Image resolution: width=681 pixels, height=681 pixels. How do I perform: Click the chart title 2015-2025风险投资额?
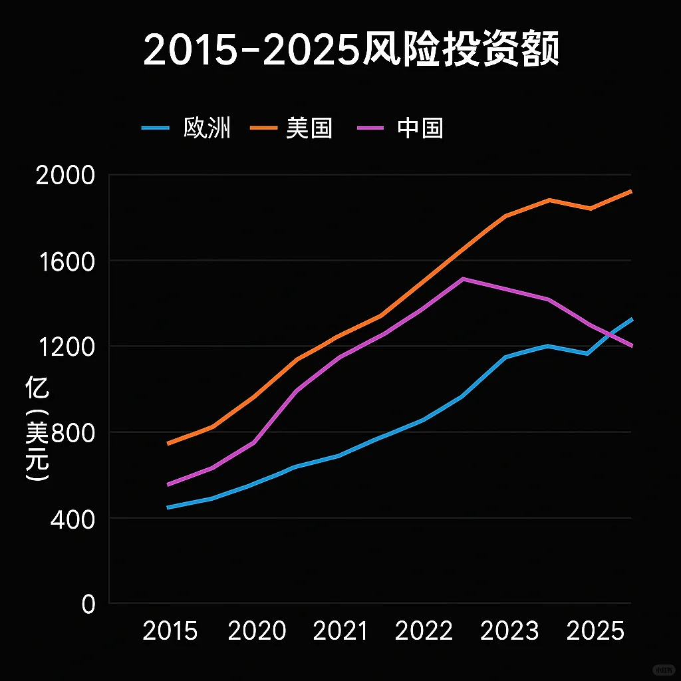350,51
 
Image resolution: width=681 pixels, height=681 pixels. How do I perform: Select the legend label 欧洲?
207,128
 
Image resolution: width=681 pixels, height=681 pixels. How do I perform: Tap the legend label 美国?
309,128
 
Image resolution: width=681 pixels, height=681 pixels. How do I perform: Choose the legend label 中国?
420,128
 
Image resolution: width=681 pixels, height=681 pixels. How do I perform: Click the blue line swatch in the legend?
157,128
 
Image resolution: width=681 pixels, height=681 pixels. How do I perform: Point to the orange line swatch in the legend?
264,128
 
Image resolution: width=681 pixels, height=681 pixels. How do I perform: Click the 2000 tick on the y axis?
66,176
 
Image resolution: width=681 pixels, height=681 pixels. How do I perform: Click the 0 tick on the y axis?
88,604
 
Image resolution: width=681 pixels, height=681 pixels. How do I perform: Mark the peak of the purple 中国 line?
463,279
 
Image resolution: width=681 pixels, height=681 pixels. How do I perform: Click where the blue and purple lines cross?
609,334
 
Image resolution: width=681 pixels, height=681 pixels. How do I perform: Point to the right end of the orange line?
630,191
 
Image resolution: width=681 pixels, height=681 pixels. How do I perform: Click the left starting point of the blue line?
168,507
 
